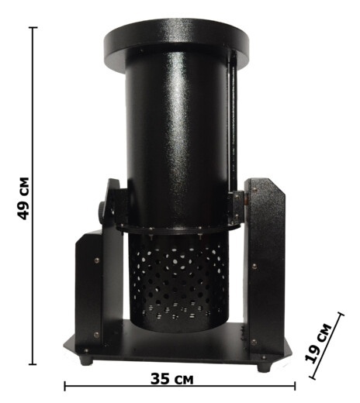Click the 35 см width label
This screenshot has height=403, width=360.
coord(171,379)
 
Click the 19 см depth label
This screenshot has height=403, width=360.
coord(318,343)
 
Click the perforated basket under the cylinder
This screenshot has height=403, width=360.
coord(179,281)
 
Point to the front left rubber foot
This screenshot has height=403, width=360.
coord(86,360)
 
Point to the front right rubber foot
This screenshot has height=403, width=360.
coord(265,367)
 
